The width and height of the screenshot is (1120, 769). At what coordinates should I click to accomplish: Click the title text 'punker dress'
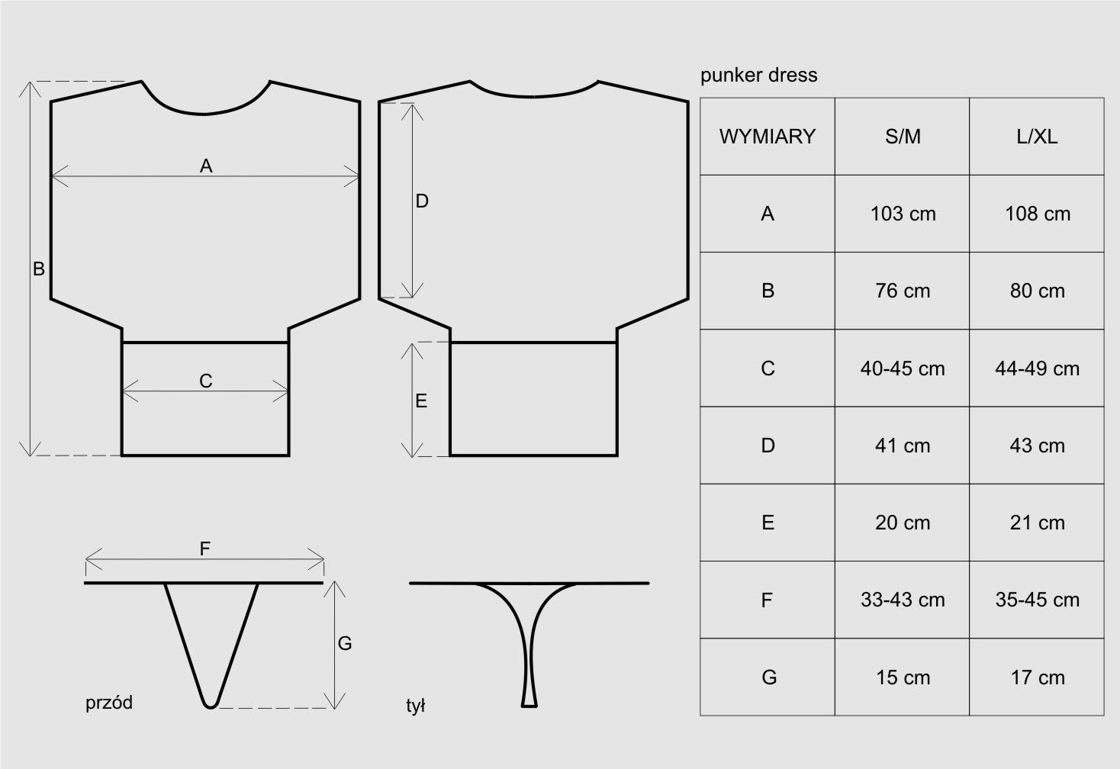click(758, 75)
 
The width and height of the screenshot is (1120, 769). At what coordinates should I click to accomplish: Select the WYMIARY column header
click(767, 137)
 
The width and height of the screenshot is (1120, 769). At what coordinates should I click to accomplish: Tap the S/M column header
click(903, 137)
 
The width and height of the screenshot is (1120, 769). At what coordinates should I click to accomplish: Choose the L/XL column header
click(1037, 137)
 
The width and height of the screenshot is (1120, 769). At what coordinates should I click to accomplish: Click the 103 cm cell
click(903, 214)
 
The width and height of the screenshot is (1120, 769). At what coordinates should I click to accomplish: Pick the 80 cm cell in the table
click(1037, 291)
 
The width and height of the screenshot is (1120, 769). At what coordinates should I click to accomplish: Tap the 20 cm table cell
click(903, 523)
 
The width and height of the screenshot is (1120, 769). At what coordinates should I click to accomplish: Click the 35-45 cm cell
click(1037, 600)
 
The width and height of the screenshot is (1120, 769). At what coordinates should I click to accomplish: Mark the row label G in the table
click(768, 677)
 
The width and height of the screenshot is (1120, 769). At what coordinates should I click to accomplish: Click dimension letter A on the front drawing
click(206, 166)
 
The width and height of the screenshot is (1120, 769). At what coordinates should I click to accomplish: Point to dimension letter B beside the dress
click(38, 269)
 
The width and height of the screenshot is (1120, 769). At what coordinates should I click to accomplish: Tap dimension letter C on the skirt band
click(206, 381)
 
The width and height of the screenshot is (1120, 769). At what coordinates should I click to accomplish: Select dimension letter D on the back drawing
click(422, 201)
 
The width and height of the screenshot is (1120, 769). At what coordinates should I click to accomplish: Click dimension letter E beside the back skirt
click(421, 401)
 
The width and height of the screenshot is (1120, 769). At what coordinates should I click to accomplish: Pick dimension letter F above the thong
click(205, 549)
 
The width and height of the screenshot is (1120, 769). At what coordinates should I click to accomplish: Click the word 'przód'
click(109, 703)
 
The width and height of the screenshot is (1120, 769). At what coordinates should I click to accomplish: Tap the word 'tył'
click(416, 706)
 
